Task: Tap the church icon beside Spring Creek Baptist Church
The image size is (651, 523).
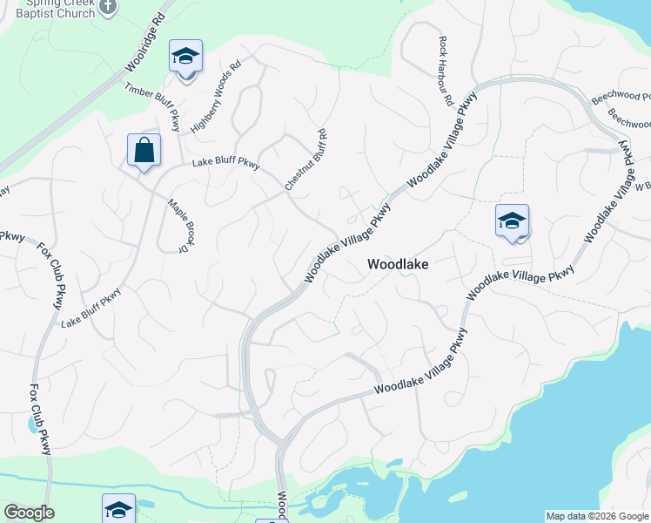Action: (107, 7)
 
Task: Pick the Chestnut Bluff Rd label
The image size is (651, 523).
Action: (305, 160)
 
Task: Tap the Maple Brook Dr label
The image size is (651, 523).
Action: (178, 226)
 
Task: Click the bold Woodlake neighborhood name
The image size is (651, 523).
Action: (398, 263)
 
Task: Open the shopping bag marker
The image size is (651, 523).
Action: (144, 150)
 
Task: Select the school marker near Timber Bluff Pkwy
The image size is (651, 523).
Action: (185, 57)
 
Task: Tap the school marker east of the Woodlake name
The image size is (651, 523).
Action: (513, 221)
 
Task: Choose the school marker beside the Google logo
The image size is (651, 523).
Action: (119, 509)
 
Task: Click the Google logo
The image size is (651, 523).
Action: (28, 513)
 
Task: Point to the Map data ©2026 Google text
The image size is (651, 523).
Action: (596, 516)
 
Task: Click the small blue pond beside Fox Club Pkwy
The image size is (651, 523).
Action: (33, 425)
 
